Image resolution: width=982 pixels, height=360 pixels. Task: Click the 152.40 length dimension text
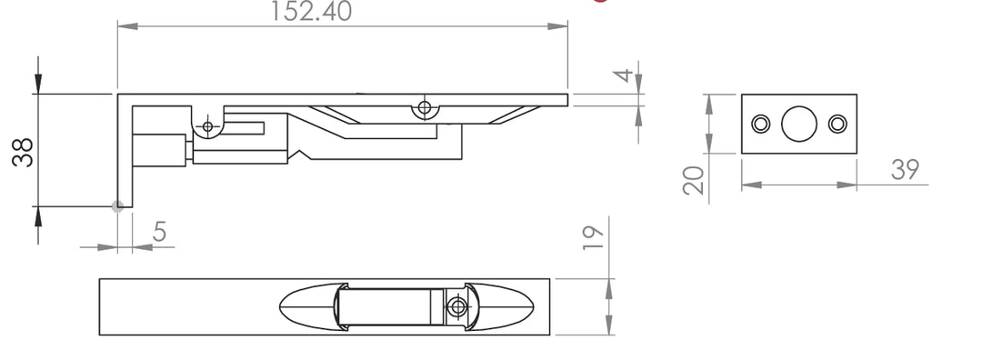[x=311, y=11]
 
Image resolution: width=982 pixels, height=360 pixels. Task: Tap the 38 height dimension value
[x=23, y=152]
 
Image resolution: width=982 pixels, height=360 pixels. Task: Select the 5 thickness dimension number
[x=160, y=232]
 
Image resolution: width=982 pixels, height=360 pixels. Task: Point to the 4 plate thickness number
[x=623, y=75]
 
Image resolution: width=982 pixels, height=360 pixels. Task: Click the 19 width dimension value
[x=593, y=238]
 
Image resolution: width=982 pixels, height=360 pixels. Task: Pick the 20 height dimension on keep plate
[x=694, y=180]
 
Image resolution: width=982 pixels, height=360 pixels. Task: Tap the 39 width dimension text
[x=905, y=170]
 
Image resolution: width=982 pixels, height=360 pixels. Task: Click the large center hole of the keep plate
[x=799, y=124]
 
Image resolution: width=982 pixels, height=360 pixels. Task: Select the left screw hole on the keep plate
[x=761, y=124]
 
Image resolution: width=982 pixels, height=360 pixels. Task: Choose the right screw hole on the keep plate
[x=837, y=124]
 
